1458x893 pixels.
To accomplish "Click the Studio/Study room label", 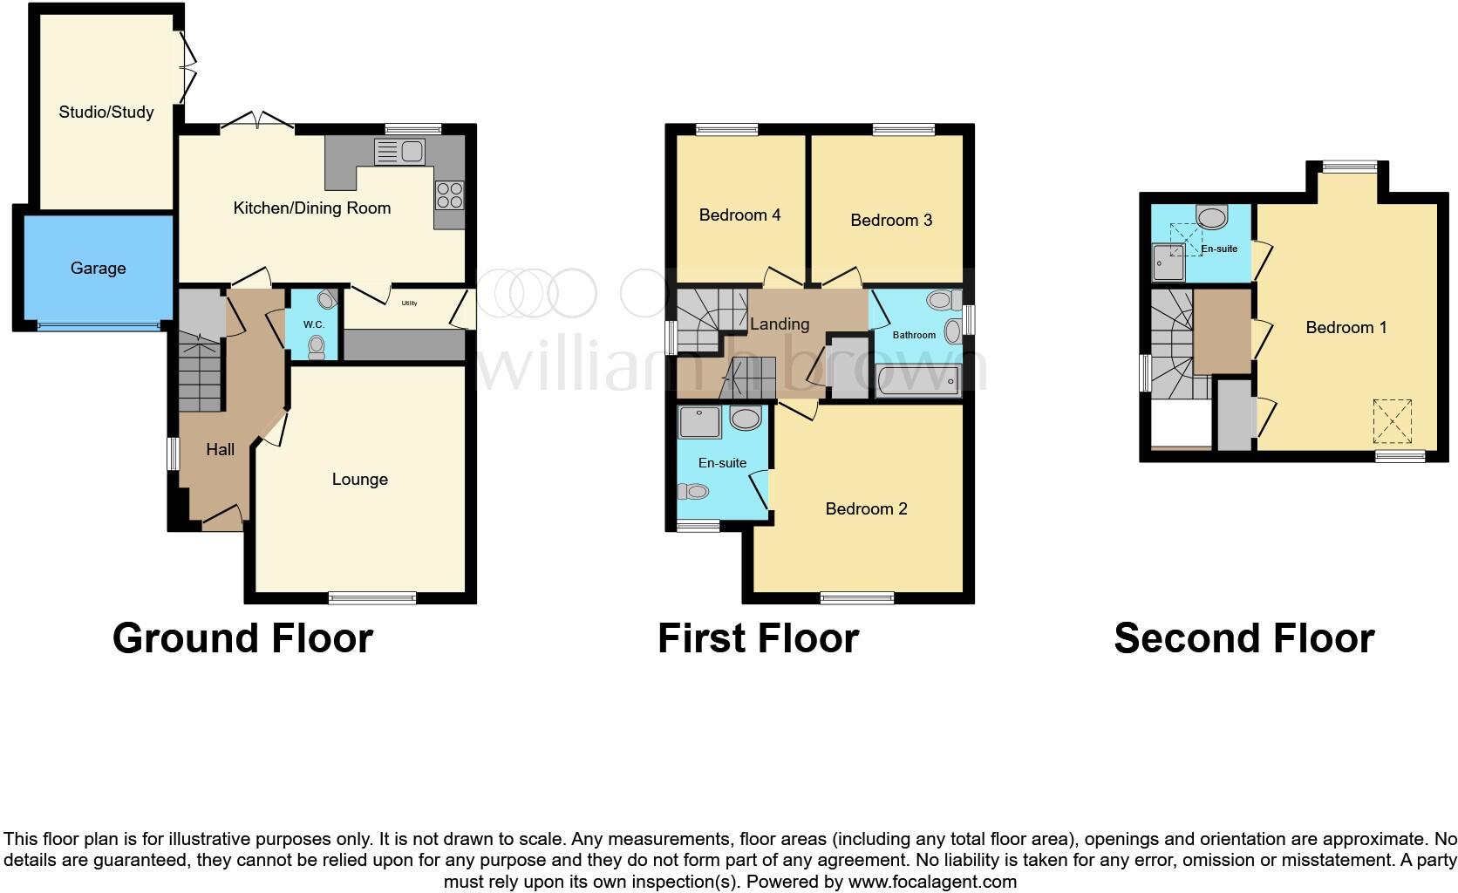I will coord(106,112).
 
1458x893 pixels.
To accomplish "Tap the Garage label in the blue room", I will coord(98,268).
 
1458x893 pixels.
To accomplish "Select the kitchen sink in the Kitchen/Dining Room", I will coord(399,152).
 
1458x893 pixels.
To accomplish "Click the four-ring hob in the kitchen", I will coord(449,194).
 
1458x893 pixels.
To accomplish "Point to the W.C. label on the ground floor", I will coord(314,324).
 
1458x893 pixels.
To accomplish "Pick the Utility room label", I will coord(409,303).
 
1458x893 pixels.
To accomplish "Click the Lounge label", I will coord(359,479).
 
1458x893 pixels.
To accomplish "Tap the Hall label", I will coord(220,449).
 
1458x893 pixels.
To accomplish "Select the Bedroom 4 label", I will coord(739,215).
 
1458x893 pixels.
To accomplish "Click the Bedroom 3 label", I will coord(891,220).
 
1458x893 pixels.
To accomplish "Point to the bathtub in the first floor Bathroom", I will coord(917,381).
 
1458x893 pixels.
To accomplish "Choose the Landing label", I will coord(780,324).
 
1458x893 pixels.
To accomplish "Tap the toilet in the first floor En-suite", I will coord(694,492).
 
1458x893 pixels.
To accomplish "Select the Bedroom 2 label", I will coord(866,508).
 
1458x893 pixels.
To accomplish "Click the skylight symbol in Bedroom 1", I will coord(1392,421).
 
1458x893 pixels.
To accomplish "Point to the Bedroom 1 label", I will coord(1346,327).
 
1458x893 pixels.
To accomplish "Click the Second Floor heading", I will coord(1243,638).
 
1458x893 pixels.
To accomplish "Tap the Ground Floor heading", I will coord(242,638).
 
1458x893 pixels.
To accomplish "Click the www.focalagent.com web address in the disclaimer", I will coord(931,882).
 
